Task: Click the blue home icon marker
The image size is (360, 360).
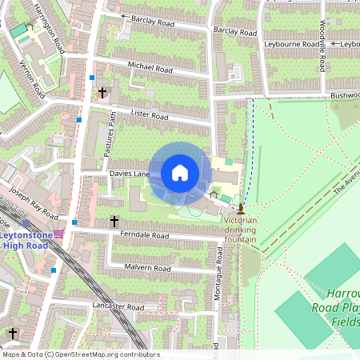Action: click(180, 173)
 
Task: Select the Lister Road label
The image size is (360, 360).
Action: click(149, 117)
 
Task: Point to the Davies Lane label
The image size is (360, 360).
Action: click(126, 173)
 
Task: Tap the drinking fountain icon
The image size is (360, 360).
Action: click(241, 207)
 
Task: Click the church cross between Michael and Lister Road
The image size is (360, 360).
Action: click(102, 93)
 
